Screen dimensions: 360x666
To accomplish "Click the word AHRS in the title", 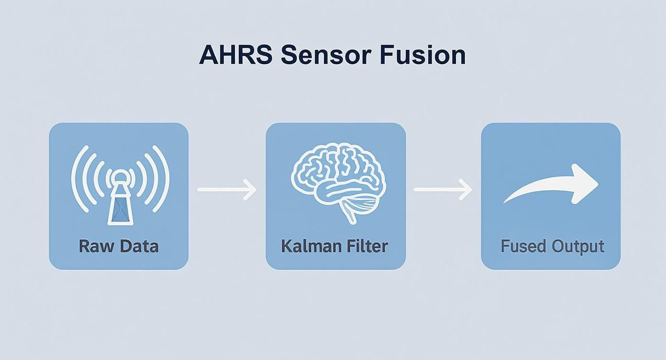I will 235,55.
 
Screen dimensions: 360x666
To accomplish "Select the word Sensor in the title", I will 325,55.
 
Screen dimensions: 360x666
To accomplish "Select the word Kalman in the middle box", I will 304,246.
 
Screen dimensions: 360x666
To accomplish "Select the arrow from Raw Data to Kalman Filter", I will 227,190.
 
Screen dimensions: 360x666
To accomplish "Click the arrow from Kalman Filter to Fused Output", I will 443,190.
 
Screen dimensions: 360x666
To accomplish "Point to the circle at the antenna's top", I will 118,178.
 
